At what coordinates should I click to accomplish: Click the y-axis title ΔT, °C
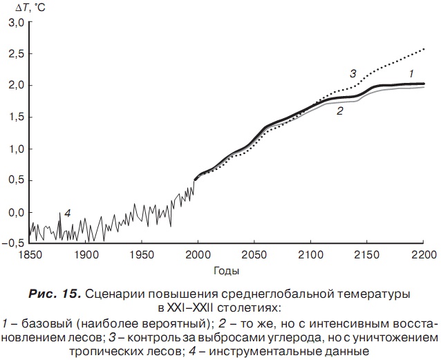click(x=20, y=7)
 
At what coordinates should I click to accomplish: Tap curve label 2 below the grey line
click(x=340, y=111)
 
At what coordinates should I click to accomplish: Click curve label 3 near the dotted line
click(x=353, y=73)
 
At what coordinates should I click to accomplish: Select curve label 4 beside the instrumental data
click(x=68, y=214)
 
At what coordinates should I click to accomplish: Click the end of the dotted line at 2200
click(x=423, y=49)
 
